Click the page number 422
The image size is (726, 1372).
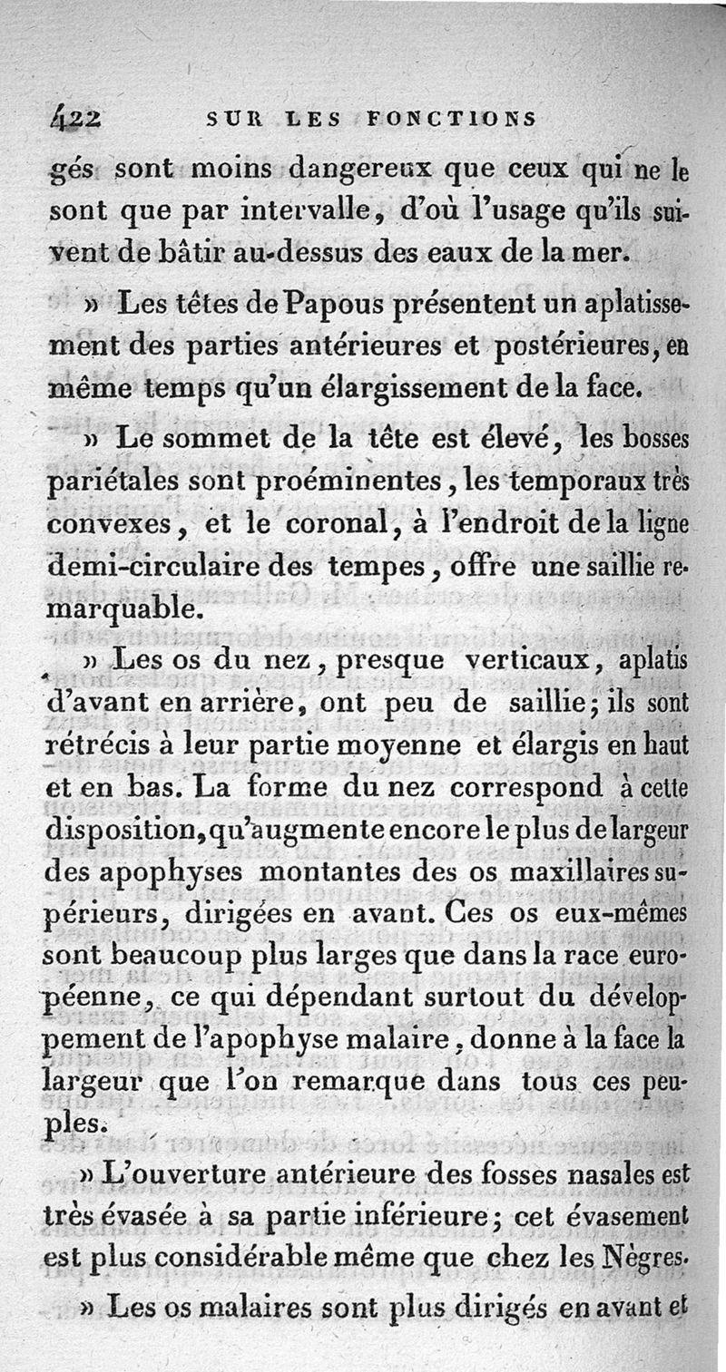78,118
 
